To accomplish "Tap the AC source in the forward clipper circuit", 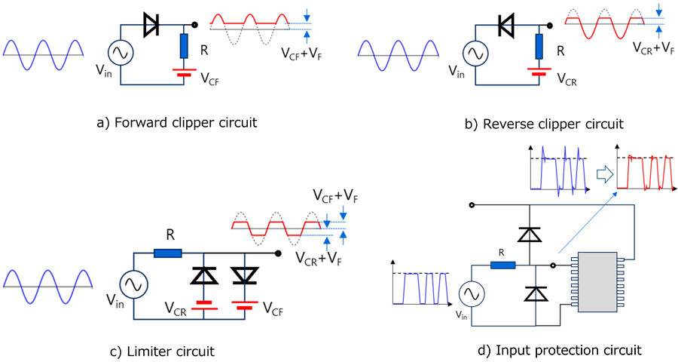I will pyautogui.click(x=120, y=53).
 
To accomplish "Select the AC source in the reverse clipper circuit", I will pyautogui.click(x=474, y=53).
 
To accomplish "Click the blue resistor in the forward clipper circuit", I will pyautogui.click(x=183, y=47).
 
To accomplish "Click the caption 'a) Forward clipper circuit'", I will pyautogui.click(x=177, y=122).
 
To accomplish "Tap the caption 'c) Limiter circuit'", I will pyautogui.click(x=162, y=351).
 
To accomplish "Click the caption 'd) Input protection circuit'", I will pyautogui.click(x=560, y=349).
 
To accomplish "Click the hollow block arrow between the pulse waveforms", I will pyautogui.click(x=603, y=174).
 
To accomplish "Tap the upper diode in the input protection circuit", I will pyautogui.click(x=533, y=235).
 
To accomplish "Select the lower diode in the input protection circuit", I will pyautogui.click(x=534, y=293).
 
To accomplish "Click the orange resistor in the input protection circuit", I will pyautogui.click(x=502, y=265).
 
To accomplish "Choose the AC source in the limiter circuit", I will pyautogui.click(x=136, y=285).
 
